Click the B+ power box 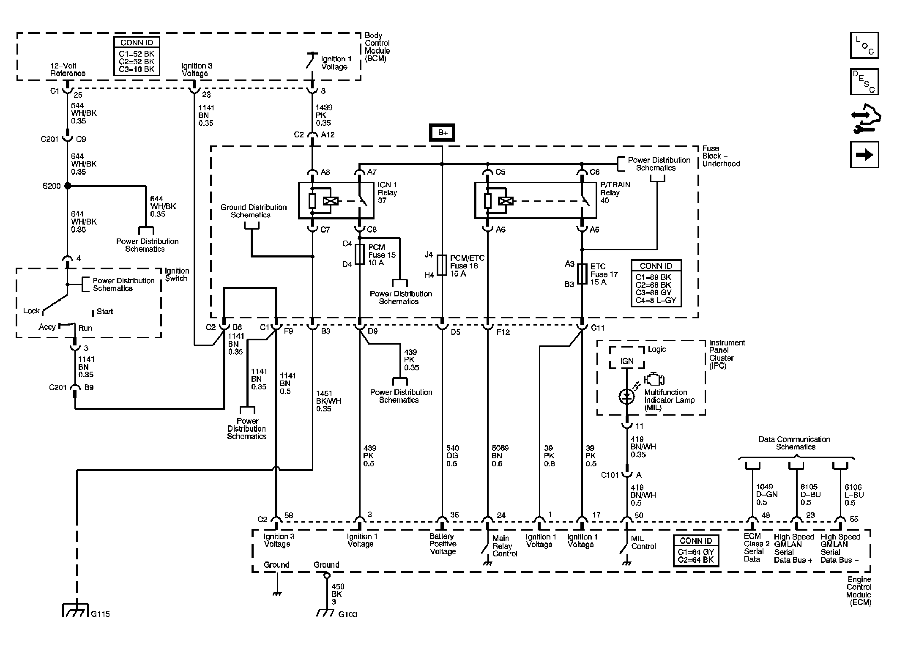pos(442,133)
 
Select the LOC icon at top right pos(864,45)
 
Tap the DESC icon pos(864,82)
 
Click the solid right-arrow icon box pos(864,155)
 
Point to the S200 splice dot pos(67,186)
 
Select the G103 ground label pos(347,614)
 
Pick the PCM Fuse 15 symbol pos(360,255)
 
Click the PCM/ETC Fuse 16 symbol pos(442,265)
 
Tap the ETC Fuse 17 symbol pos(582,274)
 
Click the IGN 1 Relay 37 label pos(387,193)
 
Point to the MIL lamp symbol pos(626,397)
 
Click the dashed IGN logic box pos(627,358)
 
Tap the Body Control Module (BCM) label pos(377,47)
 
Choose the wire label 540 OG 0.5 pos(452,456)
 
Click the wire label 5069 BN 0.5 pos(500,456)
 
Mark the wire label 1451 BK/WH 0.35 pos(328,401)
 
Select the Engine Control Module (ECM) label pos(859,591)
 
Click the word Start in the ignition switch pos(105,312)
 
